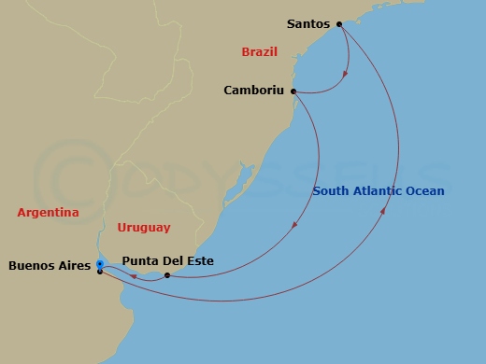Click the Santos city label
[308, 24]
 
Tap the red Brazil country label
[259, 52]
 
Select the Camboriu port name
[255, 91]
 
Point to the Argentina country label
[48, 212]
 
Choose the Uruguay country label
[144, 227]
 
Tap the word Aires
[75, 266]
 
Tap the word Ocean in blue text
[424, 191]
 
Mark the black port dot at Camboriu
[293, 91]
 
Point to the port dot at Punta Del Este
[167, 275]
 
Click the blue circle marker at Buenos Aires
[99, 264]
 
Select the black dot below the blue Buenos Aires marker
[99, 273]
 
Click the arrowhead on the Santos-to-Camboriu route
[348, 73]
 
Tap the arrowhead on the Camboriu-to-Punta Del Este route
[295, 224]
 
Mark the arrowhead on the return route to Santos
[385, 214]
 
